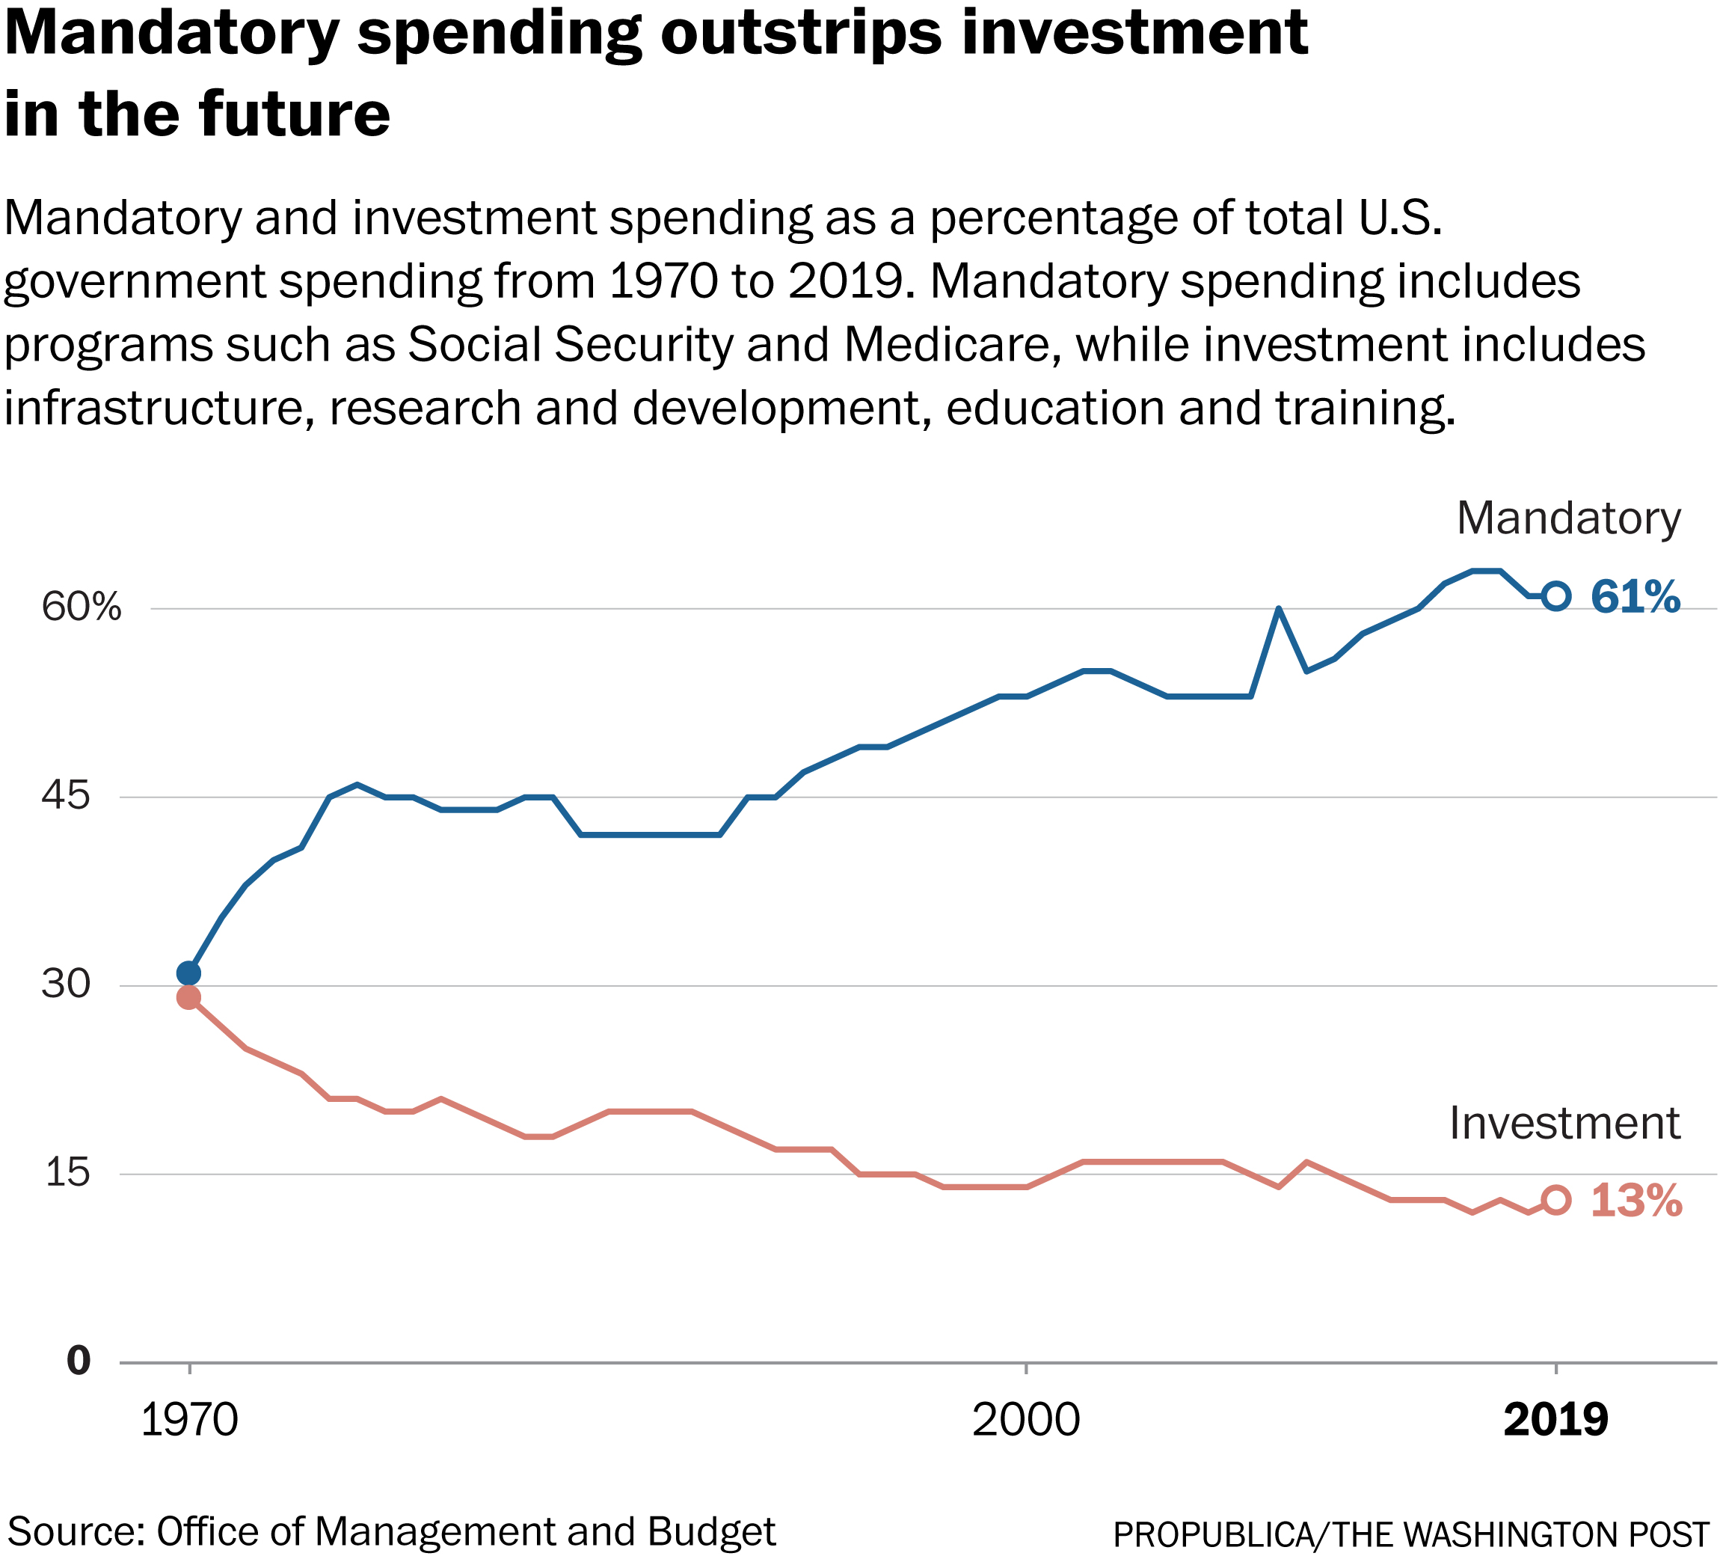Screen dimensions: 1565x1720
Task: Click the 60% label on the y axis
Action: point(82,607)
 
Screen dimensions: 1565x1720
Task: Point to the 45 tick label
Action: point(65,796)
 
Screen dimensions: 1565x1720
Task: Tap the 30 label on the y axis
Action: point(65,984)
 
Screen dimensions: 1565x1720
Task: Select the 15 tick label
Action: point(67,1172)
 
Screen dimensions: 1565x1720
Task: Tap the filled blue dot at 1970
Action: point(188,973)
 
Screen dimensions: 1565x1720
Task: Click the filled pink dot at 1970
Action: point(188,997)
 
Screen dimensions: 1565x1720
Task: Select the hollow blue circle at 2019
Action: point(1556,596)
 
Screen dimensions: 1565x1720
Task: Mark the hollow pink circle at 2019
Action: point(1556,1200)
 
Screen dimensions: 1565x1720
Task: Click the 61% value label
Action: point(1635,596)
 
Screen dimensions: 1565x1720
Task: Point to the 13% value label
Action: point(1635,1201)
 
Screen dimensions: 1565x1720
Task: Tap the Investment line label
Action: point(1564,1123)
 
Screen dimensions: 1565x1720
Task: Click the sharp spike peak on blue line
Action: point(1278,608)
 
